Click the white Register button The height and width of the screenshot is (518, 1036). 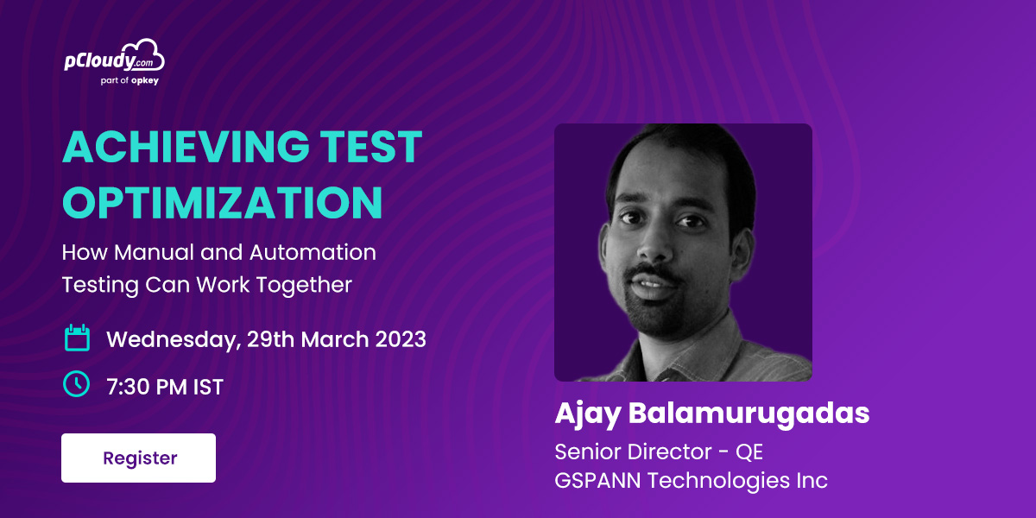[x=138, y=458]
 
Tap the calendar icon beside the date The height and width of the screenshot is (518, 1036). [x=77, y=338]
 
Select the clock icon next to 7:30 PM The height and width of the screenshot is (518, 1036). [x=76, y=384]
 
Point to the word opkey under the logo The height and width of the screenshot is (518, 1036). [x=145, y=81]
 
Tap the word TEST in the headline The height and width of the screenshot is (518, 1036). [x=371, y=147]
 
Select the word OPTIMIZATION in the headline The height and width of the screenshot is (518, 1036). [x=223, y=203]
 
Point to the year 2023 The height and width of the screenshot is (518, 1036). [x=401, y=339]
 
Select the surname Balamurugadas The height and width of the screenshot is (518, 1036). [x=749, y=413]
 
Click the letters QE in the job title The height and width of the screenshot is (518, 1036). [x=749, y=452]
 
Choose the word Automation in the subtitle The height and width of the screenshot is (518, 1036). [x=313, y=252]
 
